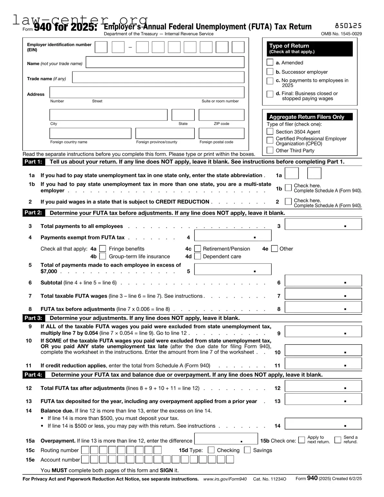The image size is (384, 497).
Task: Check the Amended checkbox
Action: [270, 62]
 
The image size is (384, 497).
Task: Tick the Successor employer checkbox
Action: [270, 72]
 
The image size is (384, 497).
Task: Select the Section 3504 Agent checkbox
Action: [270, 131]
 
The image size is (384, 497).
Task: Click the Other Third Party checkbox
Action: [270, 150]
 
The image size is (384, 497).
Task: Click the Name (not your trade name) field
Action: [165, 62]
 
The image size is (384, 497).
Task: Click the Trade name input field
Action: [158, 77]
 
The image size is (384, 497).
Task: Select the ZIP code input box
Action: [222, 115]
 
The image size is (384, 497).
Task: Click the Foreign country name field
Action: [90, 133]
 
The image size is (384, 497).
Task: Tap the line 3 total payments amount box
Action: [323, 224]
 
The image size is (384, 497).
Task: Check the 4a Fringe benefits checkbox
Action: [103, 249]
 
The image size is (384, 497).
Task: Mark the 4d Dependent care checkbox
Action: [198, 256]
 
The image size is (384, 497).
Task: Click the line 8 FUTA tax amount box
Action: [323, 307]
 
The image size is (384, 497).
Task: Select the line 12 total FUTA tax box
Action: [323, 386]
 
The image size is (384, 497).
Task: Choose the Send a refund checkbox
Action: [338, 440]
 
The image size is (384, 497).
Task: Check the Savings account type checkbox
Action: [247, 450]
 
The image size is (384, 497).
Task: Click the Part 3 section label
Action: [33, 318]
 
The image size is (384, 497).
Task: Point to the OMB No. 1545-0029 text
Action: [341, 34]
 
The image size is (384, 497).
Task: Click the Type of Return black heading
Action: [310, 49]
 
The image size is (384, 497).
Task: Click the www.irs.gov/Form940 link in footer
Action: [225, 479]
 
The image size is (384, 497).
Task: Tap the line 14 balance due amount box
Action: [323, 424]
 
